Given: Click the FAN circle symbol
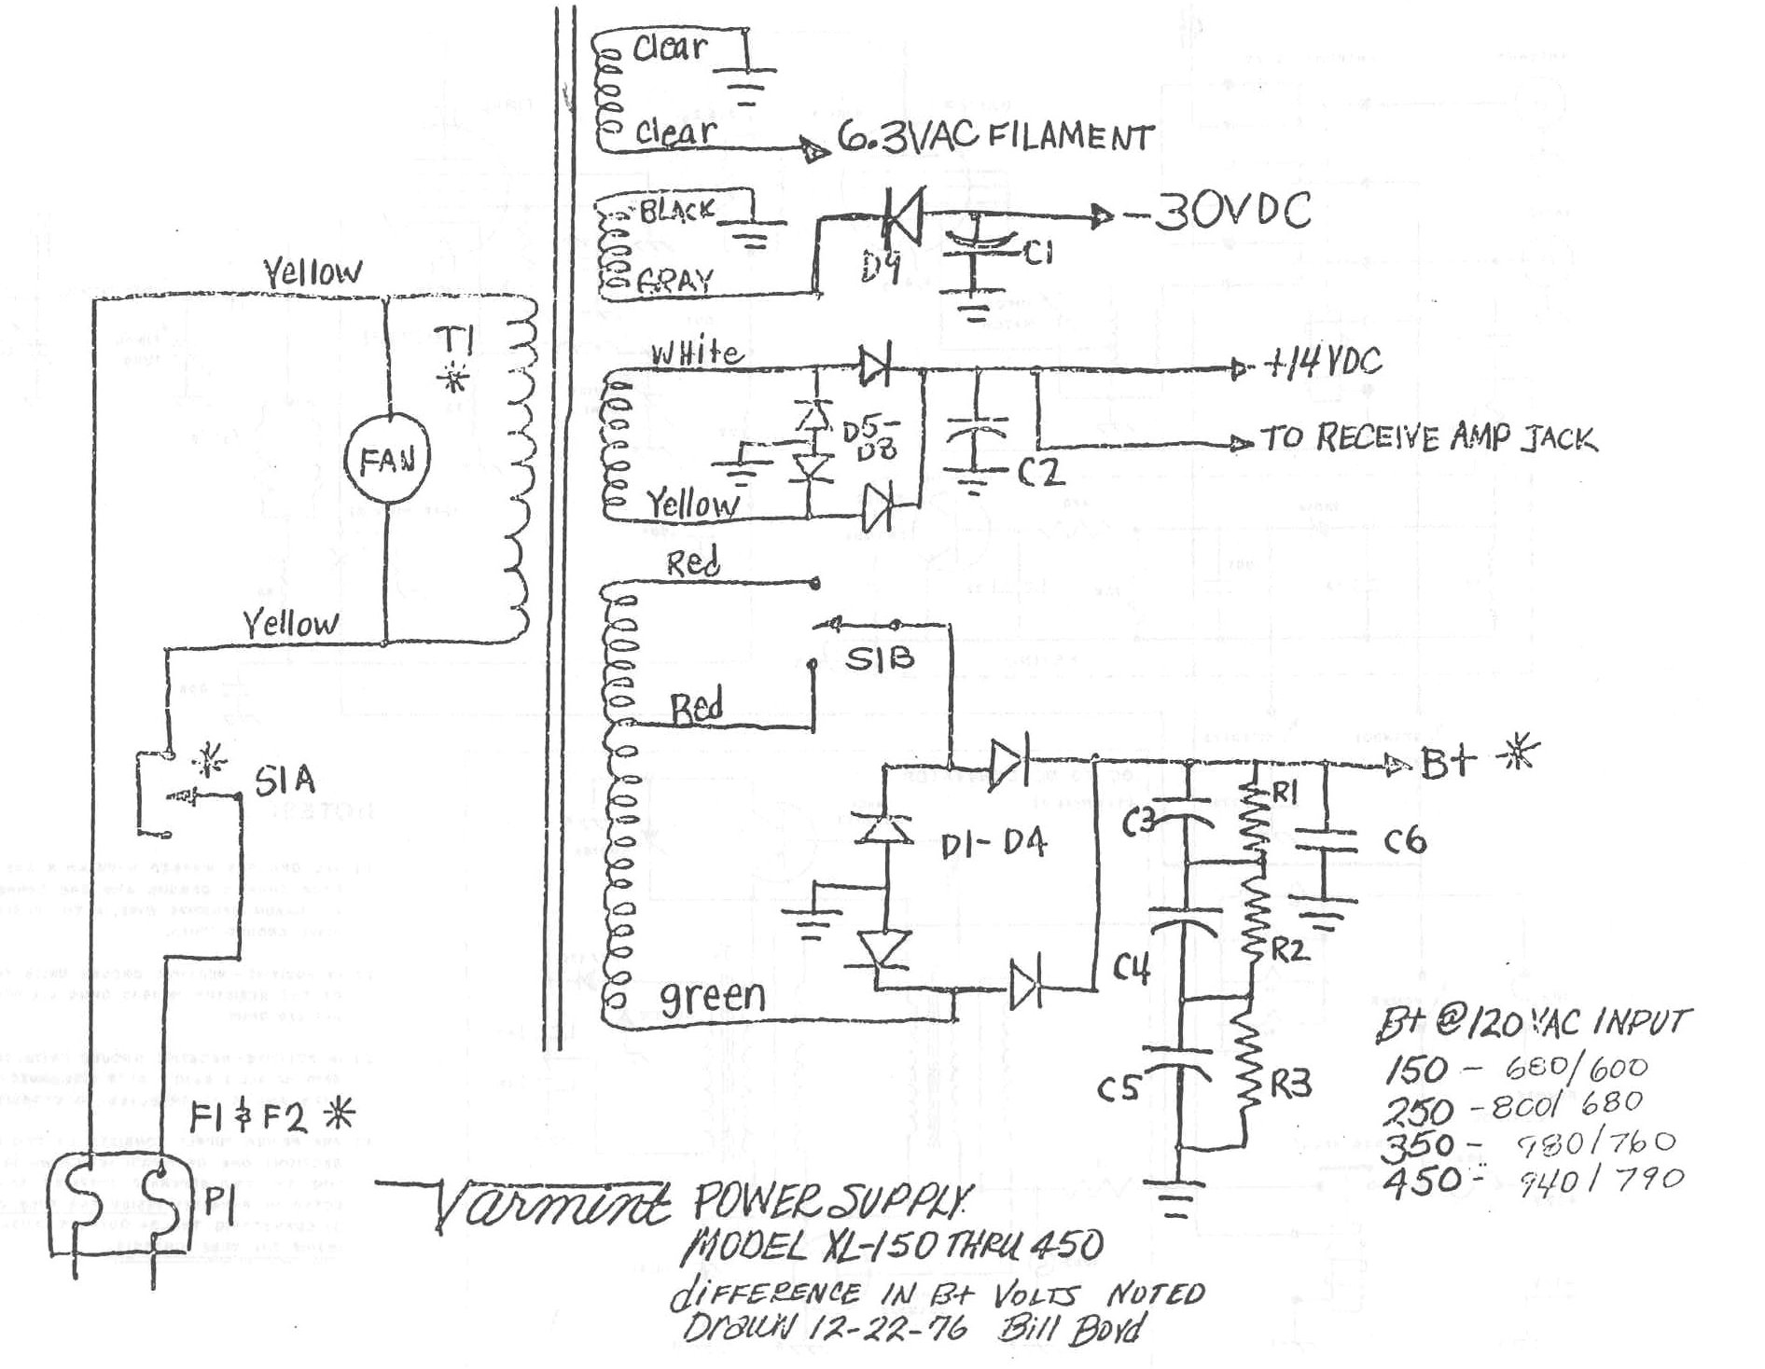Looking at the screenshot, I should (387, 459).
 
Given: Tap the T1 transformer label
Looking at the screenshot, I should (457, 342).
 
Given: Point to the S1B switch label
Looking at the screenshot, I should (879, 658).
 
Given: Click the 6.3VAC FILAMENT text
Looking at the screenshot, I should (994, 138).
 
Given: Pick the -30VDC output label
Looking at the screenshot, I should (1218, 213).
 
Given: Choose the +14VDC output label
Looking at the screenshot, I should (1322, 362).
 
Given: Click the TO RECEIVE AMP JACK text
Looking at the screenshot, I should (1427, 438).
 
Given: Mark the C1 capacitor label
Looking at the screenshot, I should (1036, 252).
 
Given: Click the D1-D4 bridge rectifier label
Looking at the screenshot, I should (993, 845).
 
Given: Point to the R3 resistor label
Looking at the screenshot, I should (1289, 1084).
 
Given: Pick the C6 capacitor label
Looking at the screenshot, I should (1405, 841).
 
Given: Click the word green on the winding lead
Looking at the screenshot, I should (713, 998).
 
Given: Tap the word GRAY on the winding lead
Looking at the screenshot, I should (676, 281).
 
